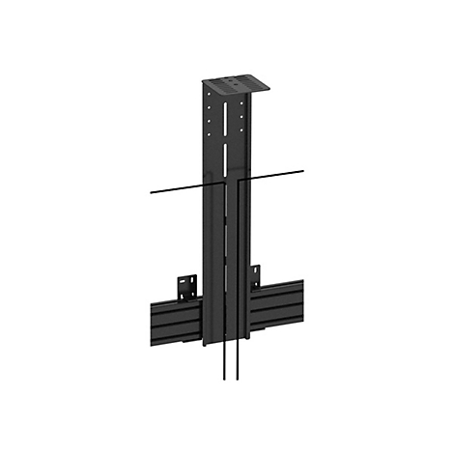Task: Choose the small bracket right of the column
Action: click(257, 276)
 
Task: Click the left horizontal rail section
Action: click(172, 320)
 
